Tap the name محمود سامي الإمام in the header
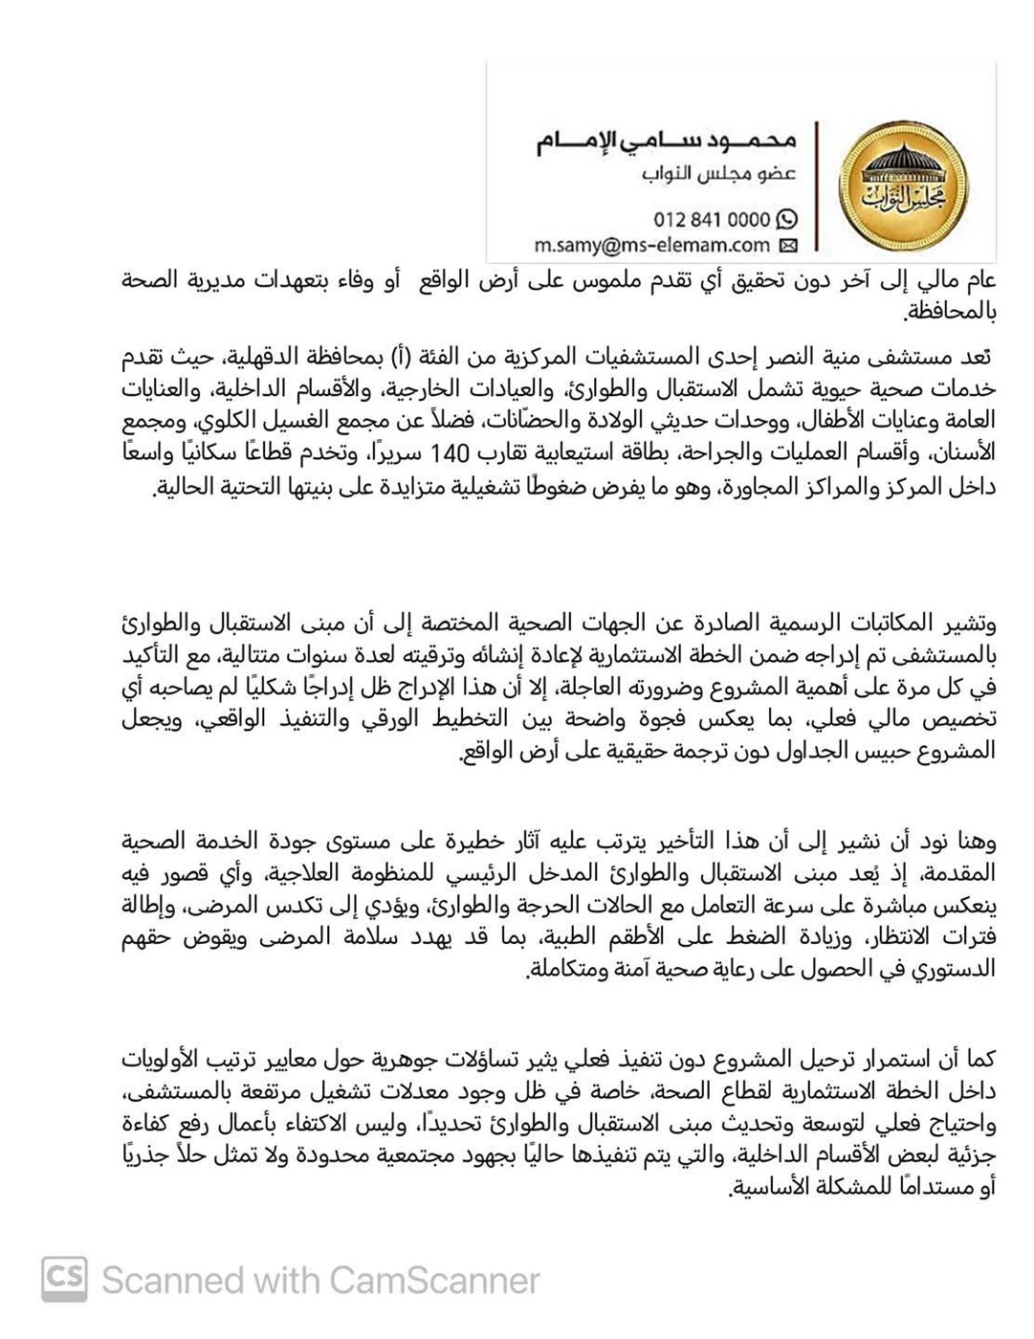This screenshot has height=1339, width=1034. [x=666, y=142]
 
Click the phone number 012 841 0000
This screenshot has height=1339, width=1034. [x=712, y=219]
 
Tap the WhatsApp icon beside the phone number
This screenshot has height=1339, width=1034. [x=786, y=219]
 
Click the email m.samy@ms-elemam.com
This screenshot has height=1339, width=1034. [x=652, y=246]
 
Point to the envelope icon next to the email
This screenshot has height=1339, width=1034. [x=788, y=247]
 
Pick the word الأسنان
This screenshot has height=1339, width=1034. [x=967, y=450]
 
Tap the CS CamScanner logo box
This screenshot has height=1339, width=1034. [x=64, y=1279]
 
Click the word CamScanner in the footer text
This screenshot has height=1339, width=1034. [x=435, y=1280]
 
